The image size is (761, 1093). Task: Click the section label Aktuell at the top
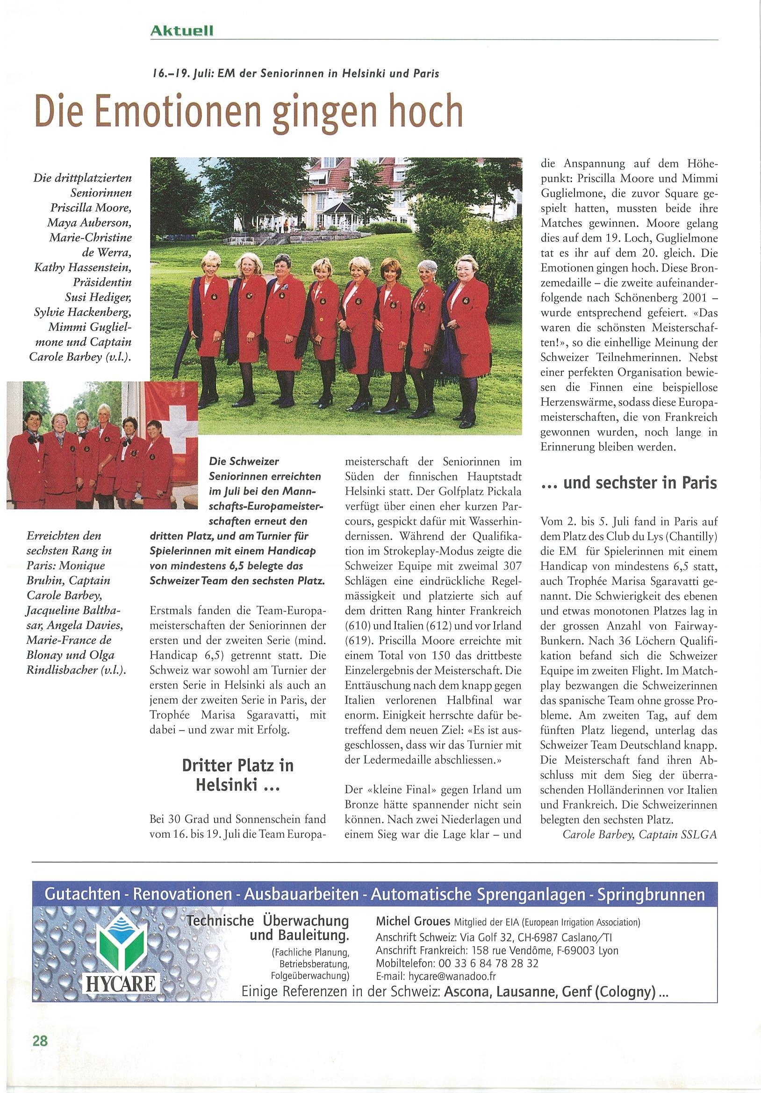(x=181, y=31)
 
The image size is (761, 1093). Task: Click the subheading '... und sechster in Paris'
(x=629, y=483)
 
